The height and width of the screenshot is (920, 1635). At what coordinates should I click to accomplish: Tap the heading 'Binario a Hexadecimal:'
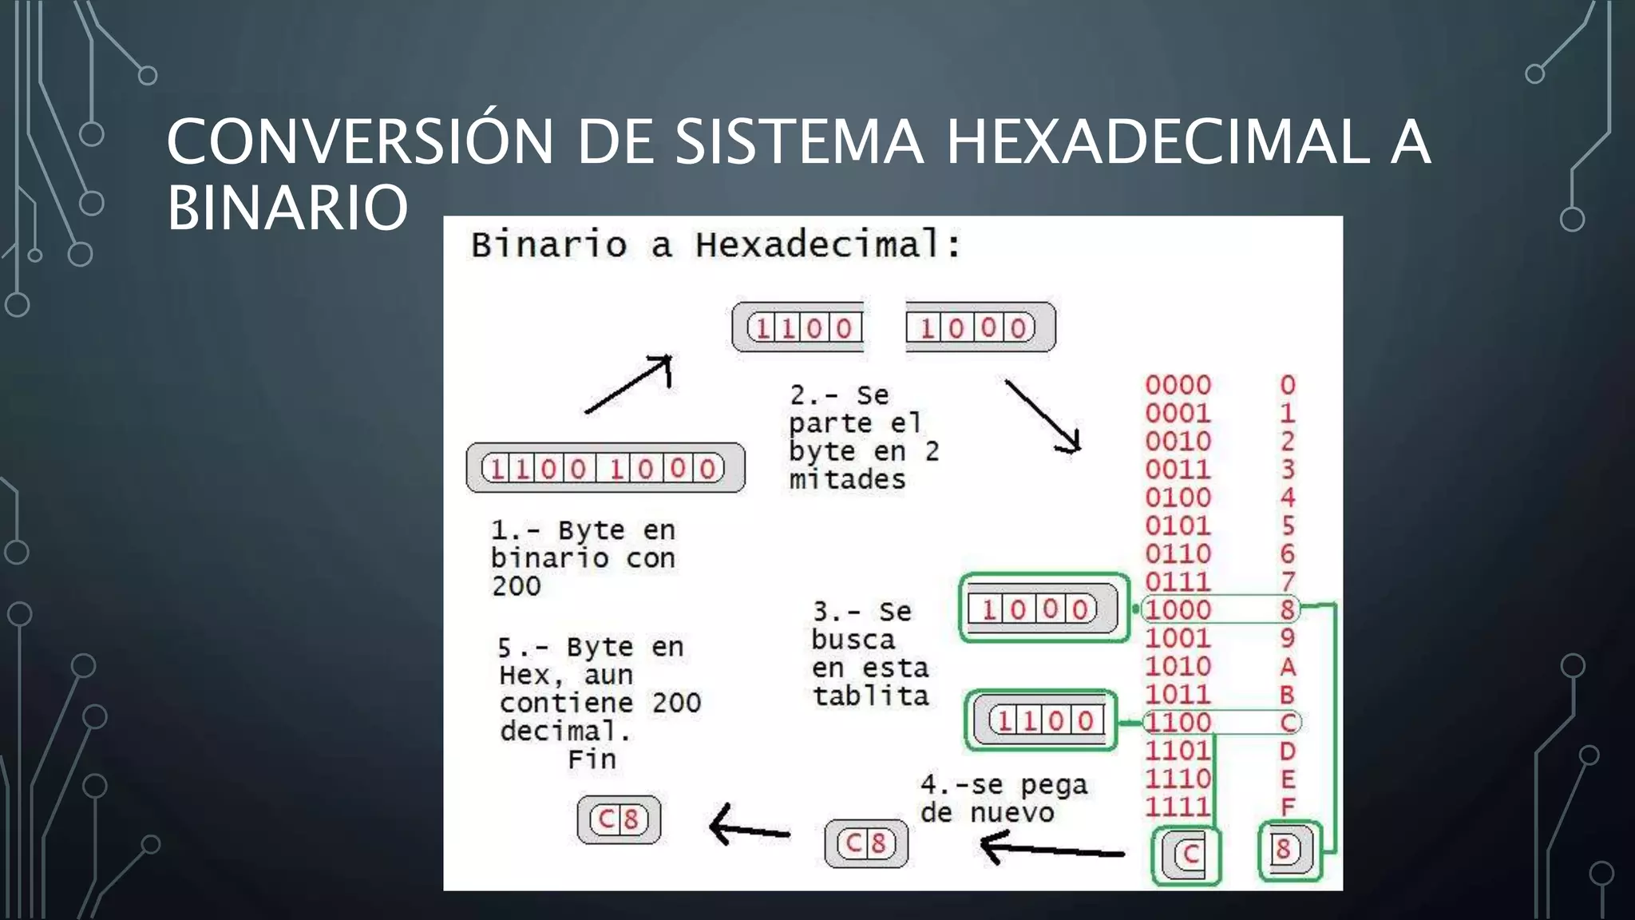coord(715,244)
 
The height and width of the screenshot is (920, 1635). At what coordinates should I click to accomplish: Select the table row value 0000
coord(1178,385)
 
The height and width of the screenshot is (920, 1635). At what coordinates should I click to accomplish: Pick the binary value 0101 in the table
coord(1178,525)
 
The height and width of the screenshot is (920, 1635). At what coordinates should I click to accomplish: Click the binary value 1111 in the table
coord(1178,807)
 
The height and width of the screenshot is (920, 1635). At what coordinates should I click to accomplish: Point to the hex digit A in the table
coord(1287,666)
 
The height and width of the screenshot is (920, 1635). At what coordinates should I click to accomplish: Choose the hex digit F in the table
coord(1287,807)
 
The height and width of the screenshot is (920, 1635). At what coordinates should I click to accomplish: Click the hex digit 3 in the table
coord(1287,470)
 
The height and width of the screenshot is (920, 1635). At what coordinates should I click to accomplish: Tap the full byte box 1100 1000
coord(605,468)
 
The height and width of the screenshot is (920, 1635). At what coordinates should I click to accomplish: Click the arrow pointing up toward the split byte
coord(629,384)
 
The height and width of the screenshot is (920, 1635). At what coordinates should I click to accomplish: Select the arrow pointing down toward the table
coord(1043,416)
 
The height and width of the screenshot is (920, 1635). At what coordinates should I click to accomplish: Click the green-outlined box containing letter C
coord(1187,855)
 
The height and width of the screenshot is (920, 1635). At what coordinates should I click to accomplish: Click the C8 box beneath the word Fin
coord(619,819)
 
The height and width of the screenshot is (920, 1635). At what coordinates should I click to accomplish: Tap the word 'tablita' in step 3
coord(870,696)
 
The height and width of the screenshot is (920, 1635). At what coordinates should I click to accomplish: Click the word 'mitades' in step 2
coord(847,479)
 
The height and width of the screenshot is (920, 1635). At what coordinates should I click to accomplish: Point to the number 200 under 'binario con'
coord(516,586)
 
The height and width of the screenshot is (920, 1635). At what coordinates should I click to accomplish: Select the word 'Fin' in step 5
coord(592,759)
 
